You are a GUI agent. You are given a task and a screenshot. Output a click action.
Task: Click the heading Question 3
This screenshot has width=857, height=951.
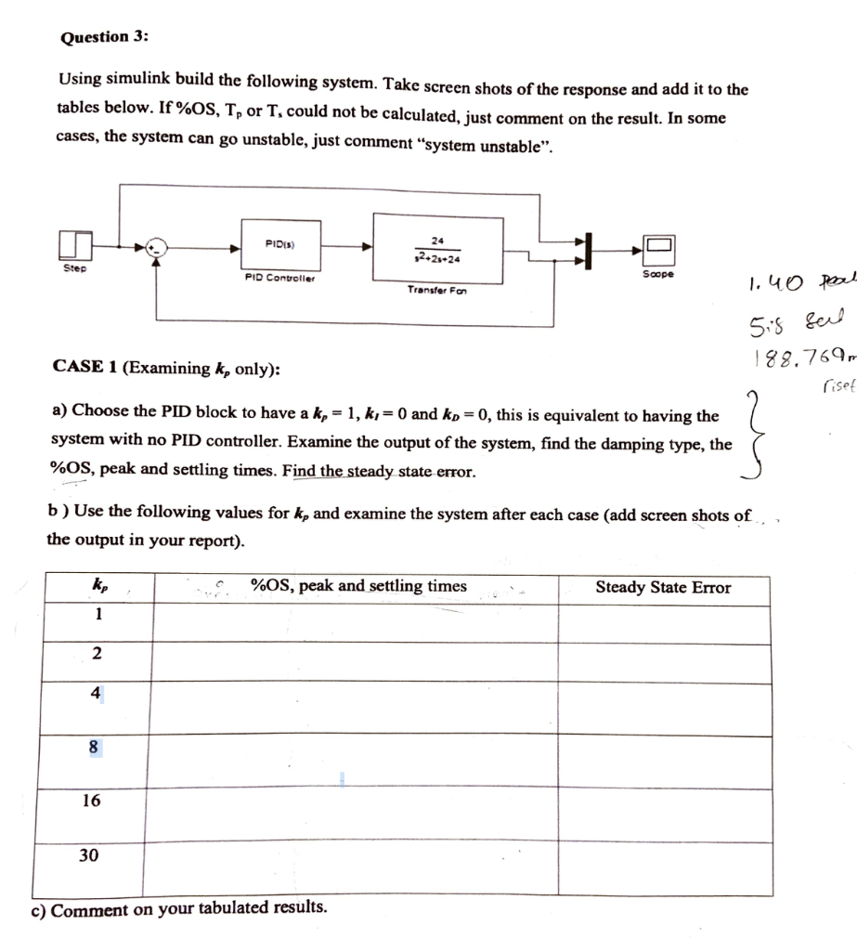click(x=104, y=37)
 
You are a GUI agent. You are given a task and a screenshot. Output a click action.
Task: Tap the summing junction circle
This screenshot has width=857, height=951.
click(x=159, y=247)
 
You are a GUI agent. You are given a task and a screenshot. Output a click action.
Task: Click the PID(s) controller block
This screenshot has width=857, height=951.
click(x=280, y=244)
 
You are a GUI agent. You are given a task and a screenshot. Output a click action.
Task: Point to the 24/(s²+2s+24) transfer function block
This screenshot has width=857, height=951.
click(x=437, y=246)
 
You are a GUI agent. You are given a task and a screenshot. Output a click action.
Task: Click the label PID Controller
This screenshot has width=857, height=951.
click(x=279, y=277)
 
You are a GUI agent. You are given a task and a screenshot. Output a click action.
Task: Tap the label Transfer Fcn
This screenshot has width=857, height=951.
click(x=436, y=290)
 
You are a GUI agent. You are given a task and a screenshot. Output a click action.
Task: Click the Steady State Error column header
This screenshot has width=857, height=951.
click(x=663, y=587)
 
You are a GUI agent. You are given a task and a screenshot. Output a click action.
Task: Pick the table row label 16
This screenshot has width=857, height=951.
click(x=91, y=801)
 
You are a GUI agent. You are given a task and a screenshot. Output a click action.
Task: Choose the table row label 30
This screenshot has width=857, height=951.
click(x=89, y=854)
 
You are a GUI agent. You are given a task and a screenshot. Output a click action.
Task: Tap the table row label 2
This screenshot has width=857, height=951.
click(x=97, y=654)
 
